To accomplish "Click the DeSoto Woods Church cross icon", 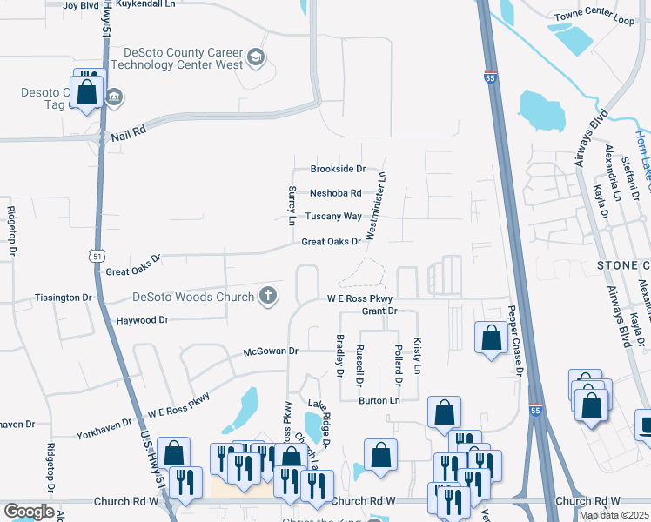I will pos(269,296).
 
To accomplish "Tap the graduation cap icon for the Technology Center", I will pos(256,58).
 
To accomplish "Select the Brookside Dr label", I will pos(338,170).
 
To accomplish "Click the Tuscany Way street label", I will pos(333,216).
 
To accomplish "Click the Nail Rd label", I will pos(127,136).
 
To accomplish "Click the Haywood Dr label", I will pos(142,320).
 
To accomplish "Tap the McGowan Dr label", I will pos(271,351).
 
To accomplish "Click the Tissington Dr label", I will pos(63,298).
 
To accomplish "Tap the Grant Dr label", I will pos(379,311).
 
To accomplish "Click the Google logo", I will pos(29,512).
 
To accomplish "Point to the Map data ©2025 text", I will pos(613,515).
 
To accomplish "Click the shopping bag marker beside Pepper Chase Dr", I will pos(491,338).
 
